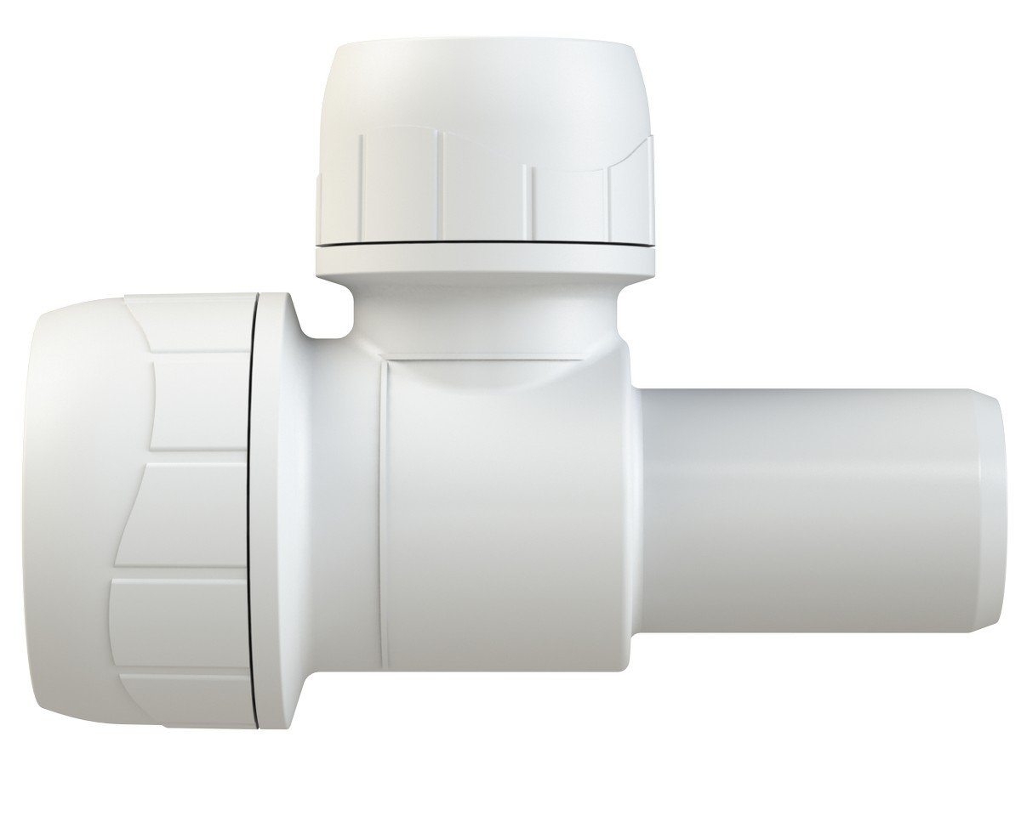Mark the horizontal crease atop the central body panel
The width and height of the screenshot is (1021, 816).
click(x=510, y=361)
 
